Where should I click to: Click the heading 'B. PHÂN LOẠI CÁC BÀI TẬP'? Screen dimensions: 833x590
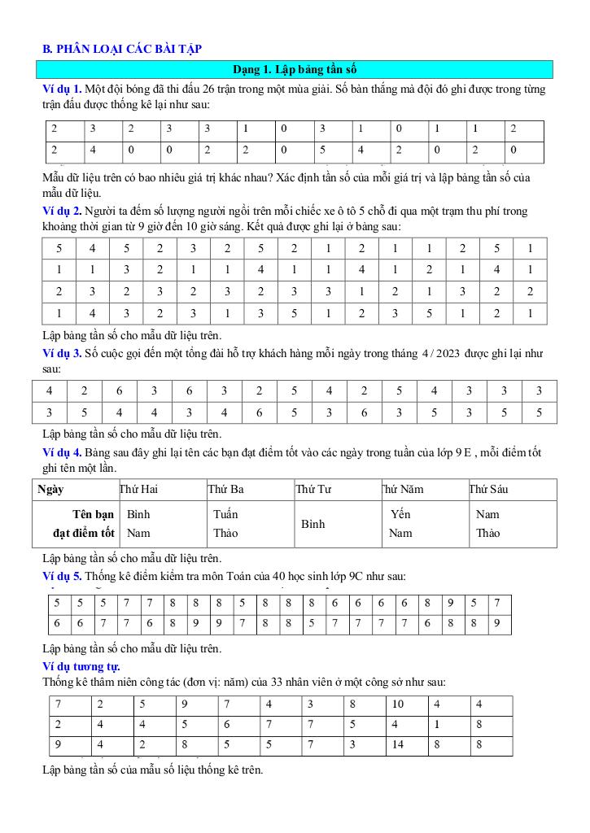coord(122,49)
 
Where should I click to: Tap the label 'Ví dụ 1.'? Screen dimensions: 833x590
coord(62,89)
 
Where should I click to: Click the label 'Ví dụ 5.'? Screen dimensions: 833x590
coord(62,576)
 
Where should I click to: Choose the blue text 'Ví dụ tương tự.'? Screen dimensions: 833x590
coord(81,666)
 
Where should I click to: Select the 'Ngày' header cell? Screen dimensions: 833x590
coord(51,490)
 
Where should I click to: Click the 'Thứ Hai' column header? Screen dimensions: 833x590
coord(138,490)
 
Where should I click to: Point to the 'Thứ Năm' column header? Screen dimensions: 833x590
coord(402,490)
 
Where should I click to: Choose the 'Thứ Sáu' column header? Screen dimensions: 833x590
coord(488,490)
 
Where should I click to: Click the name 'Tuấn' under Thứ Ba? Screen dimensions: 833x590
coord(225,514)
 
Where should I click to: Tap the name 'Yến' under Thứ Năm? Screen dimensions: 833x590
coord(400,514)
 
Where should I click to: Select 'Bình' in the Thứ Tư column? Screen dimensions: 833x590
coord(313,524)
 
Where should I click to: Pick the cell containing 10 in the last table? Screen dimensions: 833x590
coord(398,704)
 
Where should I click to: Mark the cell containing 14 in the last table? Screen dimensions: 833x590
coord(398,743)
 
